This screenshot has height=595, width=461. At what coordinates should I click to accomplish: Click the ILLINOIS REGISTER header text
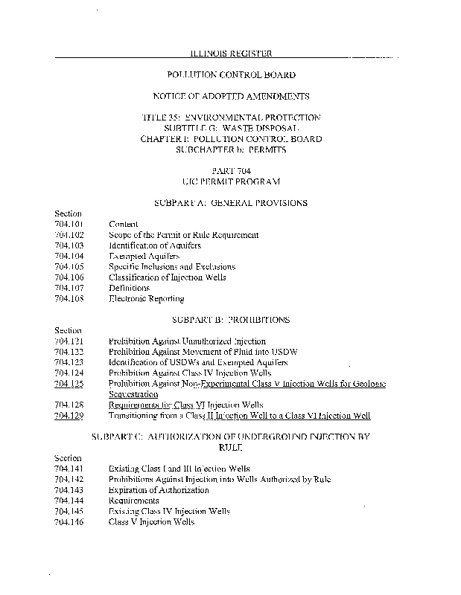(230, 54)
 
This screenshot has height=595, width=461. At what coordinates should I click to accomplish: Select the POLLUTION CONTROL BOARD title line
(230, 75)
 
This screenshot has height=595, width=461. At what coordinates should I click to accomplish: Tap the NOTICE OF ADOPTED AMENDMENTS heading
(230, 97)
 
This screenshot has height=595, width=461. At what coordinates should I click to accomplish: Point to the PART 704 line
(230, 171)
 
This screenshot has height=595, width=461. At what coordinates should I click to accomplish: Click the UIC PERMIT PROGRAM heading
(230, 181)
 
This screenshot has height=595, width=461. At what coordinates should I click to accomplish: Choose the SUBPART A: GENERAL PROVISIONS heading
(230, 203)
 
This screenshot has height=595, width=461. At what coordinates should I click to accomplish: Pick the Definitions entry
(129, 288)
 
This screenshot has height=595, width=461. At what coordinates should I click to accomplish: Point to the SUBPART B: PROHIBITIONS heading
(230, 320)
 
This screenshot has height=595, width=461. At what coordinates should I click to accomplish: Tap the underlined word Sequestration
(133, 394)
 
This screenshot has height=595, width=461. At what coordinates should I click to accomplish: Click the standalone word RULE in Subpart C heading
(230, 448)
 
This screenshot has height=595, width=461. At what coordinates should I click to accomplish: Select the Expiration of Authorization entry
(159, 490)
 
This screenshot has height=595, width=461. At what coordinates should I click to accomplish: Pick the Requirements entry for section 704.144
(133, 501)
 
